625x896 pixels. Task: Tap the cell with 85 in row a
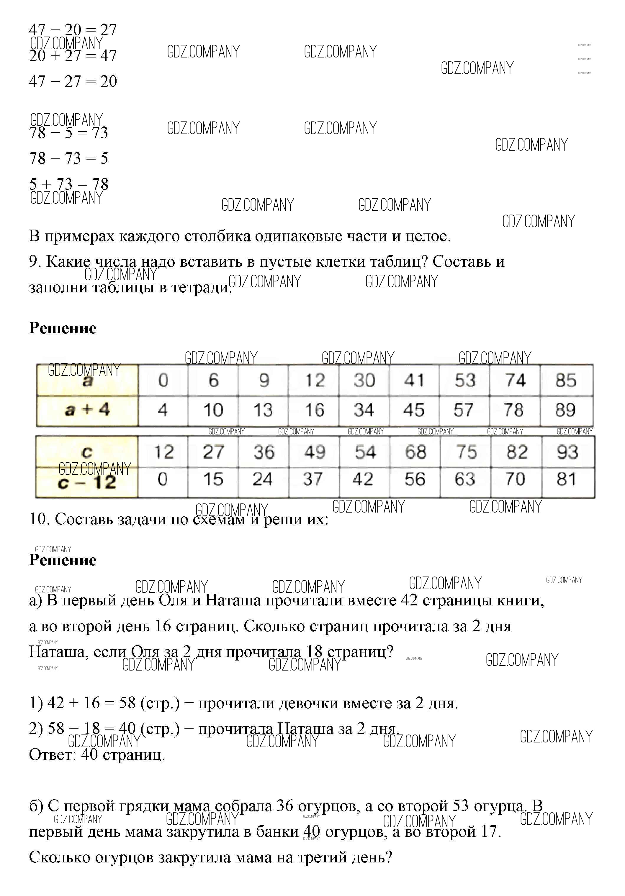566,381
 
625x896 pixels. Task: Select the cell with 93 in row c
567,452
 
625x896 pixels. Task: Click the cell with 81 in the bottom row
567,480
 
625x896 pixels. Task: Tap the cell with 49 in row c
315,452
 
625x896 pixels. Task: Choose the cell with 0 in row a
163,381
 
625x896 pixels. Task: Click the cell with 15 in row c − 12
213,480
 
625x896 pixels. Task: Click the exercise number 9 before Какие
34,262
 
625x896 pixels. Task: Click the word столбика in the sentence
217,236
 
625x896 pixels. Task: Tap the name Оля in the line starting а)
174,600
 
